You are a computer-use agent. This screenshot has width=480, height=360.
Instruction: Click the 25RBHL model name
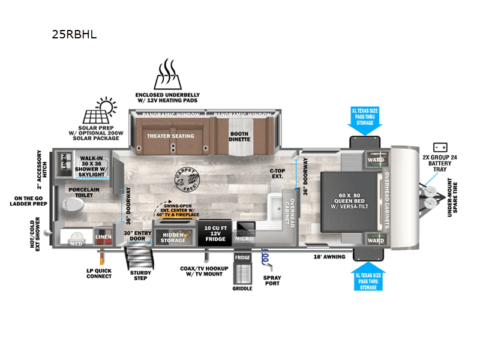coord(74,34)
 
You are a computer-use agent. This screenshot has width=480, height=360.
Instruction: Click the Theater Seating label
coord(171,136)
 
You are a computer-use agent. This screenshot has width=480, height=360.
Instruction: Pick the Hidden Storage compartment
coord(173,237)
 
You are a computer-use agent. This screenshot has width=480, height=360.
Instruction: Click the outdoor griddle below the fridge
coord(243,272)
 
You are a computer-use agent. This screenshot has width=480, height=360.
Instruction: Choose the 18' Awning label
coord(328,256)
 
